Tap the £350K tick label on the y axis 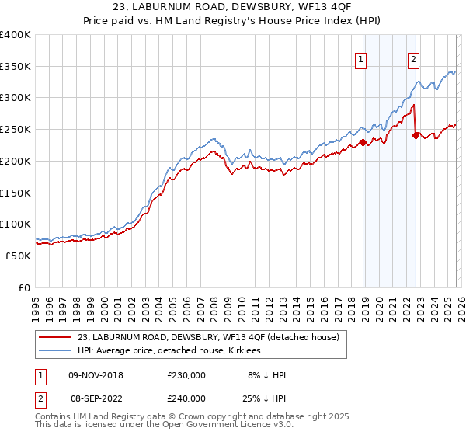(16, 67)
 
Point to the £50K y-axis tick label (18, 256)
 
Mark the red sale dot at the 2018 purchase (363, 142)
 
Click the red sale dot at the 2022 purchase (416, 135)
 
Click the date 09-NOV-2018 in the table (96, 375)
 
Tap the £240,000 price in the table (186, 398)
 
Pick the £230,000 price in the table (186, 375)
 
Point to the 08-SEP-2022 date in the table (96, 398)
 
